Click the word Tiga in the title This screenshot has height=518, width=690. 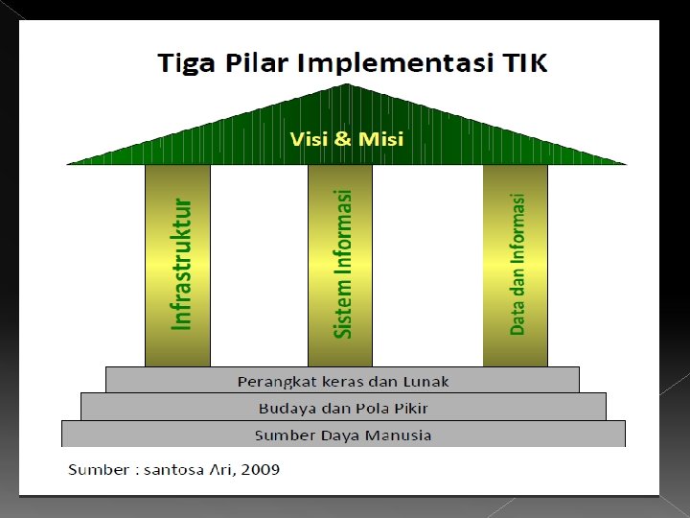click(189, 64)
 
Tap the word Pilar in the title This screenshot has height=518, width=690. click(257, 64)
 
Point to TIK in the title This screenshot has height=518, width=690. click(521, 64)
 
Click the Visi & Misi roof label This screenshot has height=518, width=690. click(346, 139)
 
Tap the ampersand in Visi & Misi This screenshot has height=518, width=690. click(343, 139)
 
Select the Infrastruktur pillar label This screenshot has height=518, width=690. click(181, 265)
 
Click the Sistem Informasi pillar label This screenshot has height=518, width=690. click(342, 264)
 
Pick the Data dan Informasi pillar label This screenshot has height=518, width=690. click(517, 265)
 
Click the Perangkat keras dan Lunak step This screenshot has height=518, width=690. click(342, 381)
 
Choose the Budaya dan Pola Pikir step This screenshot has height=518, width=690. click(343, 408)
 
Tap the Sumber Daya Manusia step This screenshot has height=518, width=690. click(343, 435)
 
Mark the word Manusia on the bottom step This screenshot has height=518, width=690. click(397, 435)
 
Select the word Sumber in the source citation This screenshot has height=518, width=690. click(97, 469)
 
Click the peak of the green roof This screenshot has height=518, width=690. click(346, 85)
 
